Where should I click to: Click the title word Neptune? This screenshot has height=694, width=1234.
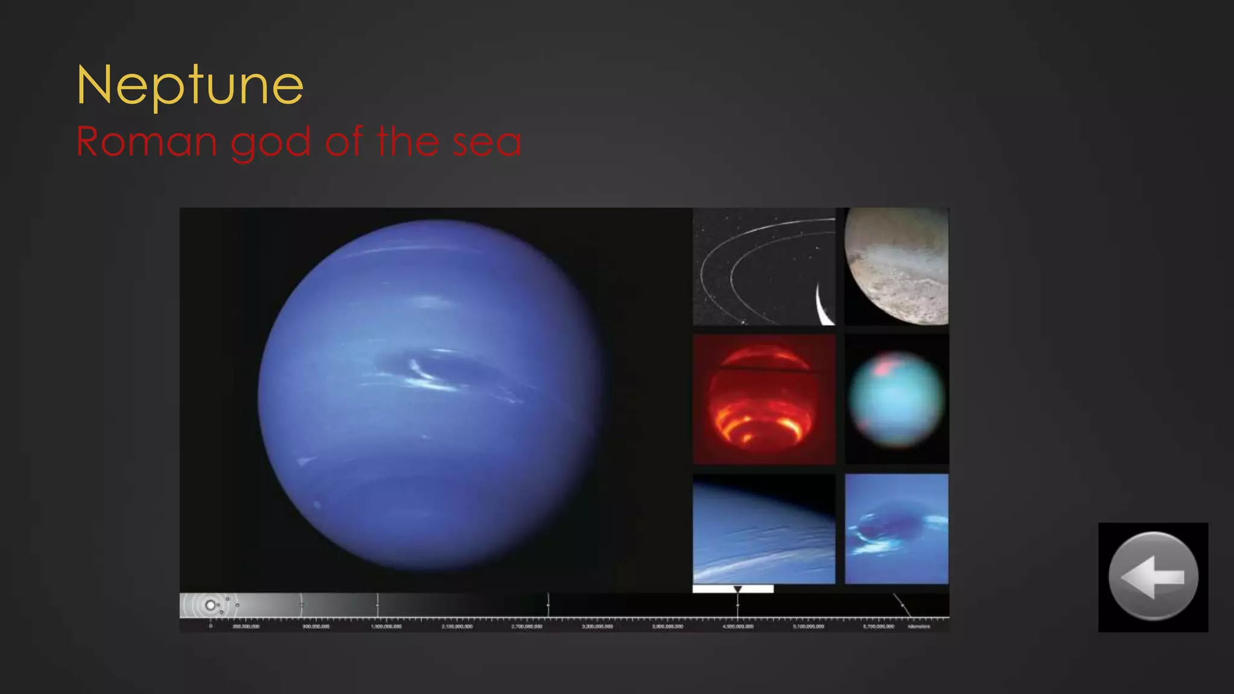pyautogui.click(x=190, y=86)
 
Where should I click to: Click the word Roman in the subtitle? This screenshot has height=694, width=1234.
pyautogui.click(x=146, y=142)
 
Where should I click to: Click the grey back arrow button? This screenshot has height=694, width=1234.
pyautogui.click(x=1153, y=577)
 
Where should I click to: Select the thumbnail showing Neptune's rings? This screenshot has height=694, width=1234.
pyautogui.click(x=763, y=267)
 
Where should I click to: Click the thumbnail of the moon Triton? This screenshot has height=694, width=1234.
pyautogui.click(x=897, y=267)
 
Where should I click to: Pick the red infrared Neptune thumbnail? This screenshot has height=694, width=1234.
pyautogui.click(x=763, y=399)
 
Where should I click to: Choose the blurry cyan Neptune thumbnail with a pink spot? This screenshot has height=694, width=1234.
pyautogui.click(x=897, y=399)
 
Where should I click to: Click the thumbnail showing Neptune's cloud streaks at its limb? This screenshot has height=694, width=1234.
pyautogui.click(x=763, y=529)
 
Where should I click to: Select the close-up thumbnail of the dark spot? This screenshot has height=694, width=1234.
pyautogui.click(x=897, y=529)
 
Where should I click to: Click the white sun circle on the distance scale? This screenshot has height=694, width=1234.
pyautogui.click(x=210, y=605)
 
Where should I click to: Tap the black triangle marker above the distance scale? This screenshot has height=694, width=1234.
pyautogui.click(x=738, y=589)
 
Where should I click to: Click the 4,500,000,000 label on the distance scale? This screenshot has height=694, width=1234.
pyautogui.click(x=738, y=627)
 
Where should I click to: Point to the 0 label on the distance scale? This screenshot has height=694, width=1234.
pyautogui.click(x=210, y=627)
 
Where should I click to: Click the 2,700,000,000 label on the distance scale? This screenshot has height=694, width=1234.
pyautogui.click(x=527, y=627)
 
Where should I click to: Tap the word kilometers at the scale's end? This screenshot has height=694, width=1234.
pyautogui.click(x=919, y=627)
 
